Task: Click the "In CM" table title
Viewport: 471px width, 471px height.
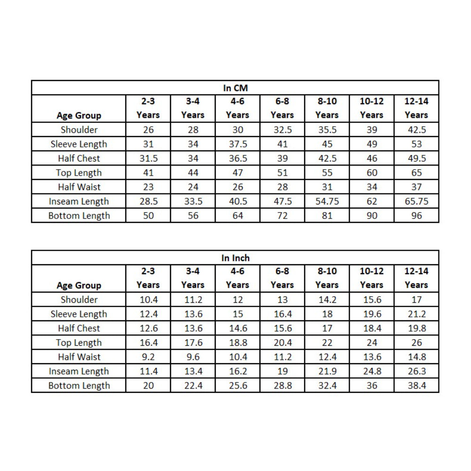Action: (x=235, y=88)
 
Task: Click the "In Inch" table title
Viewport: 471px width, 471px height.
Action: (x=235, y=258)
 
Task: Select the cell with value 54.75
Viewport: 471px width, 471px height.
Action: (x=327, y=201)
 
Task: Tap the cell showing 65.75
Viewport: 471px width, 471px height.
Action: (x=416, y=201)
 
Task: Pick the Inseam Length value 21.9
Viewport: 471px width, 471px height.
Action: (x=327, y=371)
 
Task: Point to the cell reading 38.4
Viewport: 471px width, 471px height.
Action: (x=416, y=386)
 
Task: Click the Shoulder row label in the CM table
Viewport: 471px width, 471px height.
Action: (x=79, y=130)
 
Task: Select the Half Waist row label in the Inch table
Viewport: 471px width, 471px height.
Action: (x=79, y=357)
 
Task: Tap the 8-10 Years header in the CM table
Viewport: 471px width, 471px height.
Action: (x=327, y=108)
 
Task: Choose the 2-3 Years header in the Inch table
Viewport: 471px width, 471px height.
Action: (x=148, y=278)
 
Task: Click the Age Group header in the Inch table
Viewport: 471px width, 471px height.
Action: (x=79, y=285)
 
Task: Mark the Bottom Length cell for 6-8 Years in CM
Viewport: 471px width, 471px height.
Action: (x=282, y=216)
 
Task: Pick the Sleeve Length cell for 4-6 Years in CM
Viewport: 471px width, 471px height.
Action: (x=237, y=144)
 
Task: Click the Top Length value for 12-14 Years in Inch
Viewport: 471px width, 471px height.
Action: (x=416, y=343)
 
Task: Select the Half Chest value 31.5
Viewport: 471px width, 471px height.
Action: (x=148, y=158)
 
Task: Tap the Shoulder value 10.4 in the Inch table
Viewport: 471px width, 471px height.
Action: (x=148, y=300)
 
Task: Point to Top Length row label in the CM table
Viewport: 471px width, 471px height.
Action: (x=79, y=173)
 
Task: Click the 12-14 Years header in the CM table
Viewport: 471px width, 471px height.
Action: (x=416, y=108)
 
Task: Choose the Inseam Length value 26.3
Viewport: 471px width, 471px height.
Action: (x=416, y=371)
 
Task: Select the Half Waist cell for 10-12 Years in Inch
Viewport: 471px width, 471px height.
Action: (x=372, y=357)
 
